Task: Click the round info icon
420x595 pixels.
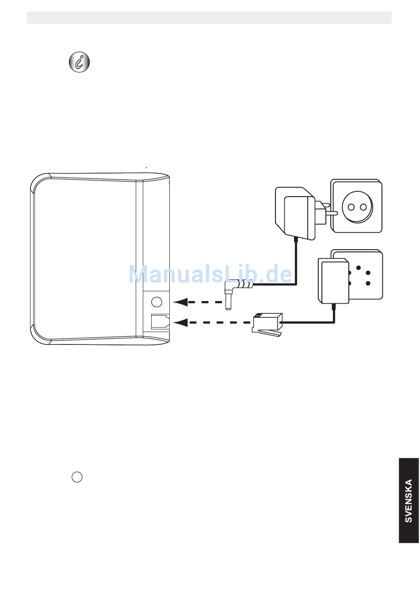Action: coord(80,62)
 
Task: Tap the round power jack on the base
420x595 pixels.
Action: coord(157,302)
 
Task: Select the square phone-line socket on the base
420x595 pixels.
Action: coord(160,321)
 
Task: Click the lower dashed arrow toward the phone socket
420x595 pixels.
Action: coord(208,322)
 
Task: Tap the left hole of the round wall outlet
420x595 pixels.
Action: coord(352,207)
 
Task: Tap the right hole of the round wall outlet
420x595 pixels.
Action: coord(363,207)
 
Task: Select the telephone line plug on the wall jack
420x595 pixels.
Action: coord(334,281)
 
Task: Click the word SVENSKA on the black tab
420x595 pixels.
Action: coord(409,501)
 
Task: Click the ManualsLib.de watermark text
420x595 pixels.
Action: coord(210,274)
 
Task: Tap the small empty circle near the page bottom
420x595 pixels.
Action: coord(77,477)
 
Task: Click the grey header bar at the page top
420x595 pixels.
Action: coord(209,18)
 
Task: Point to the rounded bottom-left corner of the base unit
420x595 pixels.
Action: coord(40,336)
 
